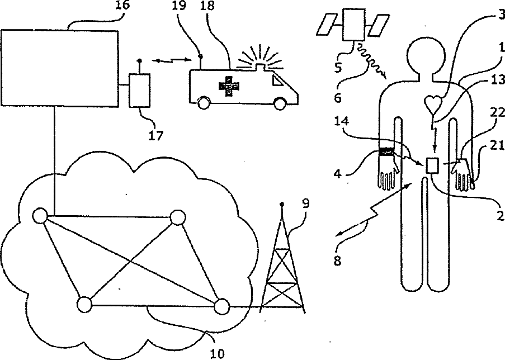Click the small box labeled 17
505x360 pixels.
(140, 90)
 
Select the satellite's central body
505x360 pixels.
(353, 24)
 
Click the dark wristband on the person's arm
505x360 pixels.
(386, 151)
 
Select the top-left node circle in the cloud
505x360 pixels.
(40, 215)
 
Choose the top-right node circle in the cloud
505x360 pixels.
(178, 217)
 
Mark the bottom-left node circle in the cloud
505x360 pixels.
(84, 305)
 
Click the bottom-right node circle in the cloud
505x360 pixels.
(221, 306)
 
